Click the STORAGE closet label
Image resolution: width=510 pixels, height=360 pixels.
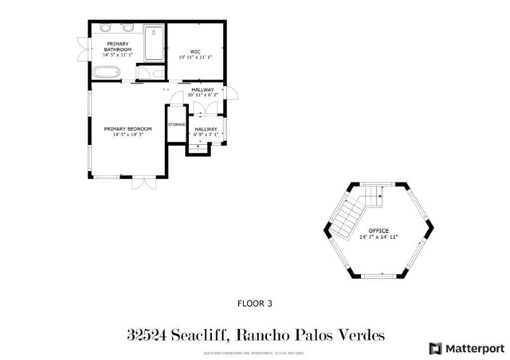(176, 124)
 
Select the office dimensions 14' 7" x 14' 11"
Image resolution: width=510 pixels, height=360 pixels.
(379, 237)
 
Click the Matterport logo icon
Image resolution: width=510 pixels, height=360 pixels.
(435, 347)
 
